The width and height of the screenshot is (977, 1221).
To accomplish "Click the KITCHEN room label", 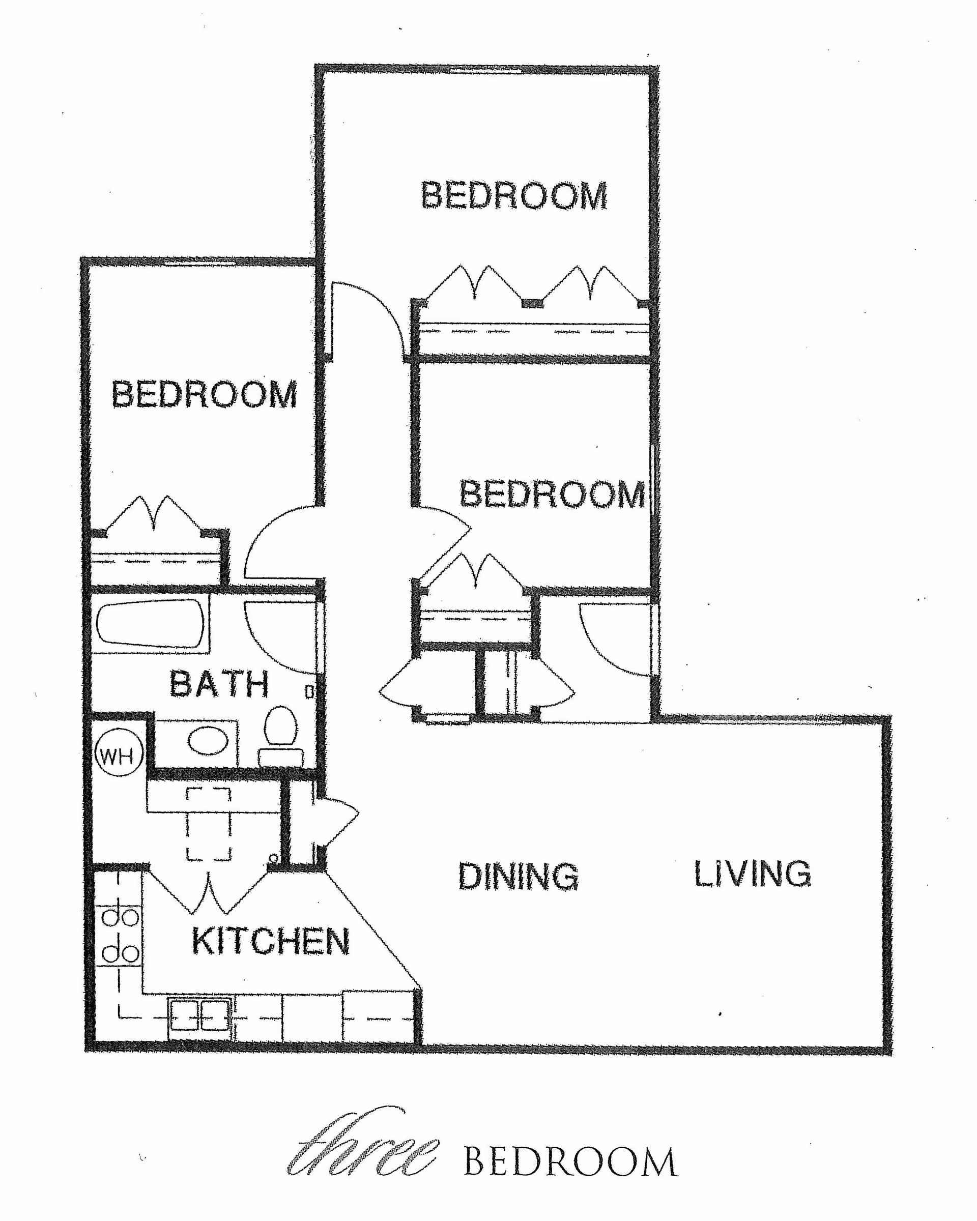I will click(271, 942).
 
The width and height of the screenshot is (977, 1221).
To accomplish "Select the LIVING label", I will click(753, 874).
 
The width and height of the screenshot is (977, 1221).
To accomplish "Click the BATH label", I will click(219, 684).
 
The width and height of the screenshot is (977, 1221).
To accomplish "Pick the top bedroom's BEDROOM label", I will click(514, 196).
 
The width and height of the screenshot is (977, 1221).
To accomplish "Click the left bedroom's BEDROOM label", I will click(204, 394).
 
